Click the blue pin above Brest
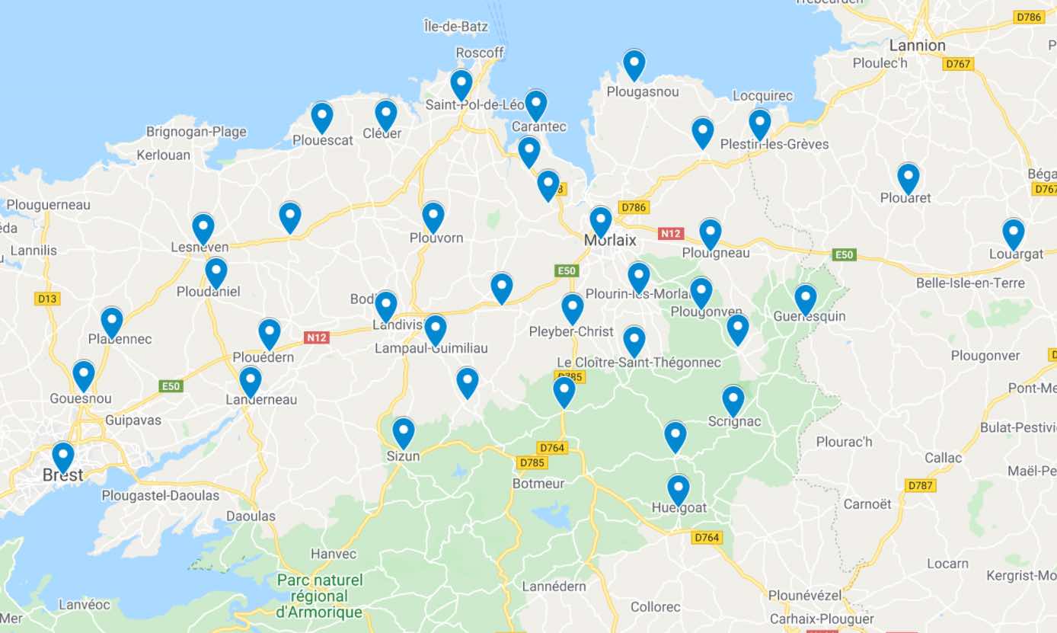pos(63,456)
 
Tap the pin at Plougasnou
pos(634,65)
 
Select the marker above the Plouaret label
pos(908,177)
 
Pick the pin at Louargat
pos(1013,233)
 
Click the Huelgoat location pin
pos(678,489)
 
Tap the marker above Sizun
pos(403,432)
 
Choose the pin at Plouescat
pos(322,117)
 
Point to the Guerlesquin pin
pos(805,299)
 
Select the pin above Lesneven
pos(203,228)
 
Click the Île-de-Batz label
pos(455,27)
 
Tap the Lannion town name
pos(917,46)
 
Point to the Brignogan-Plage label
pos(196,132)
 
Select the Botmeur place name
pos(538,484)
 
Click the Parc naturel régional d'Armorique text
pos(319,596)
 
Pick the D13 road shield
pos(47,299)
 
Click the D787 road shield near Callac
pos(921,485)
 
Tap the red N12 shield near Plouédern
pos(317,337)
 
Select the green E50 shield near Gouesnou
pos(171,386)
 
